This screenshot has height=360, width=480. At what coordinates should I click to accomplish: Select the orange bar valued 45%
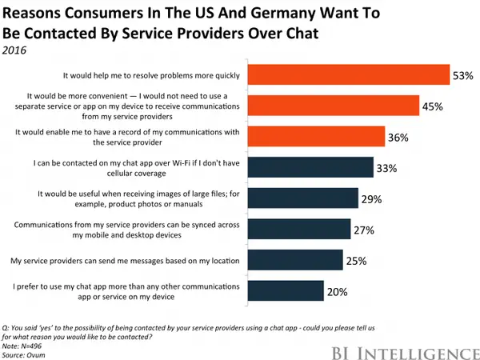click(334, 106)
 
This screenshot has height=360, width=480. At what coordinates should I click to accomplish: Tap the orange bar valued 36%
click(316, 137)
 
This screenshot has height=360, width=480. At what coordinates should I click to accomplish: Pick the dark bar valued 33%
click(310, 167)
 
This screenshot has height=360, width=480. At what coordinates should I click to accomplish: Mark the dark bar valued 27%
click(298, 230)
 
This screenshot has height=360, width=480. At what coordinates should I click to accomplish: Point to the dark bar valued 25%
click(294, 261)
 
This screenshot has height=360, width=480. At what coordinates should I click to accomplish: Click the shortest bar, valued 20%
click(285, 292)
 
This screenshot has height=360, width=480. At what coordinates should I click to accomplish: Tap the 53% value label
click(463, 75)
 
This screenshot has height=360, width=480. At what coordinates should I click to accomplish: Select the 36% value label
click(398, 138)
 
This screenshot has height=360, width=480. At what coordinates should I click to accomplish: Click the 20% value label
click(337, 293)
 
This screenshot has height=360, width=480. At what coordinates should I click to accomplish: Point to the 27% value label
click(365, 230)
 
